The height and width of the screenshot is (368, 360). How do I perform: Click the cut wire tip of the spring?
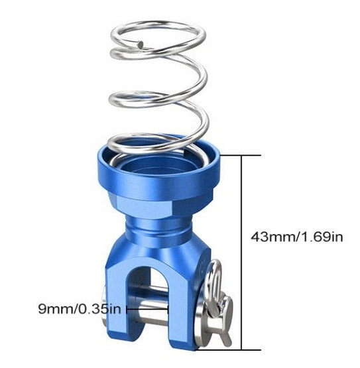(141, 44)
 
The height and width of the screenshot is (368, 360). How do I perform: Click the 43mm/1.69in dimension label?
(297, 237)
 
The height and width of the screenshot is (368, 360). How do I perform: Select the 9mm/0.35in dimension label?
(80, 308)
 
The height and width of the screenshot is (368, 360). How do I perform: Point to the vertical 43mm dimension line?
(241, 253)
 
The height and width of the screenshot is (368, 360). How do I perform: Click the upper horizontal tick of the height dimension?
(241, 155)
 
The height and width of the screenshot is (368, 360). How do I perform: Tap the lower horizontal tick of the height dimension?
(227, 349)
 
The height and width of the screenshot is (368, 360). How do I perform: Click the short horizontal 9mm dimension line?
(147, 309)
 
